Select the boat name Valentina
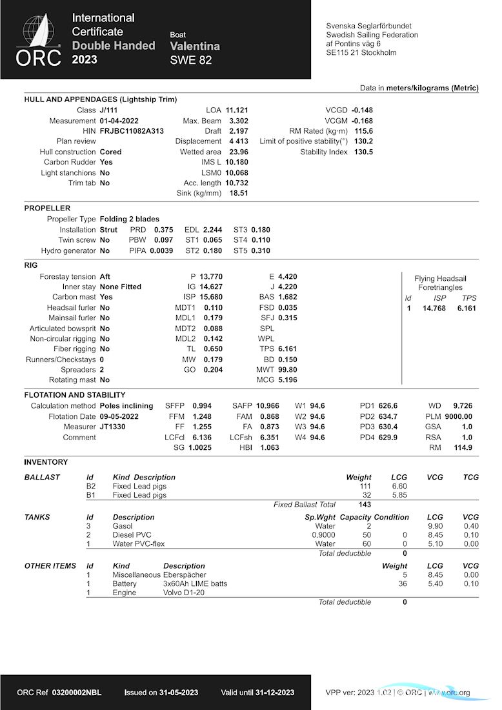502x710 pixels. tap(195, 46)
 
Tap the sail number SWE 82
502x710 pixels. tap(191, 61)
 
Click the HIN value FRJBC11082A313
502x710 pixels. tap(132, 131)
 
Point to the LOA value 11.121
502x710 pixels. tap(237, 110)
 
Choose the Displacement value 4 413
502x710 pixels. tap(238, 141)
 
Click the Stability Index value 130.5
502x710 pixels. tap(363, 152)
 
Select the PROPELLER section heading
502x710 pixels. tap(47, 208)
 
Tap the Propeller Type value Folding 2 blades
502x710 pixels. tap(130, 219)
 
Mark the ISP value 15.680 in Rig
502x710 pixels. tap(210, 297)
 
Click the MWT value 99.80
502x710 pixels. tap(287, 370)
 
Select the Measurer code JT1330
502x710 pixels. tap(114, 427)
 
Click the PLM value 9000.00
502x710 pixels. tap(458, 417)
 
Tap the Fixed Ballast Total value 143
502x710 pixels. tap(365, 505)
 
